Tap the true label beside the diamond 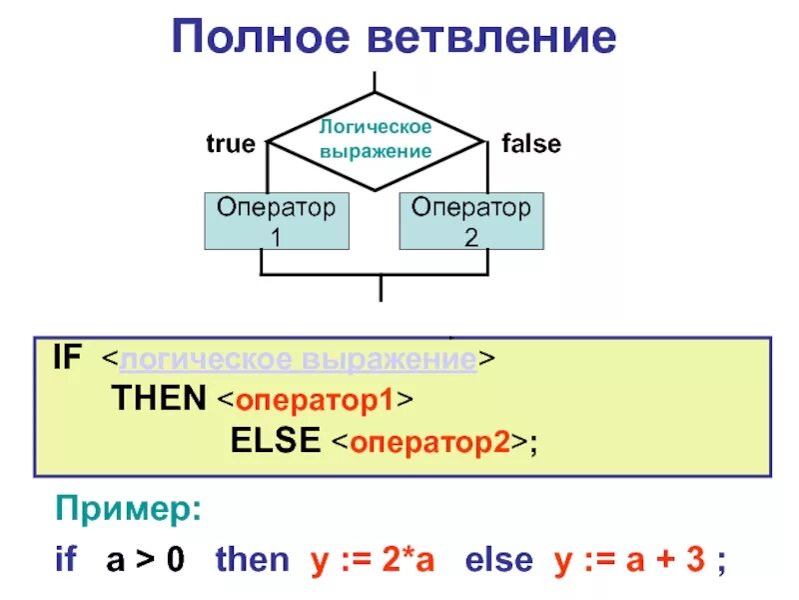tap(231, 144)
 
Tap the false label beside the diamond tap(531, 144)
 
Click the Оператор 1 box tap(278, 221)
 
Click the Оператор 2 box tap(472, 221)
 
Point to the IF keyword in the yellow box tap(68, 360)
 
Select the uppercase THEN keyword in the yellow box tap(158, 400)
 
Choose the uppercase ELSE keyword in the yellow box tap(276, 441)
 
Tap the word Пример tap(127, 513)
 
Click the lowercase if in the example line tap(66, 559)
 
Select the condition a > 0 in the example tap(146, 559)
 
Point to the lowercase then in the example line tap(252, 559)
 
